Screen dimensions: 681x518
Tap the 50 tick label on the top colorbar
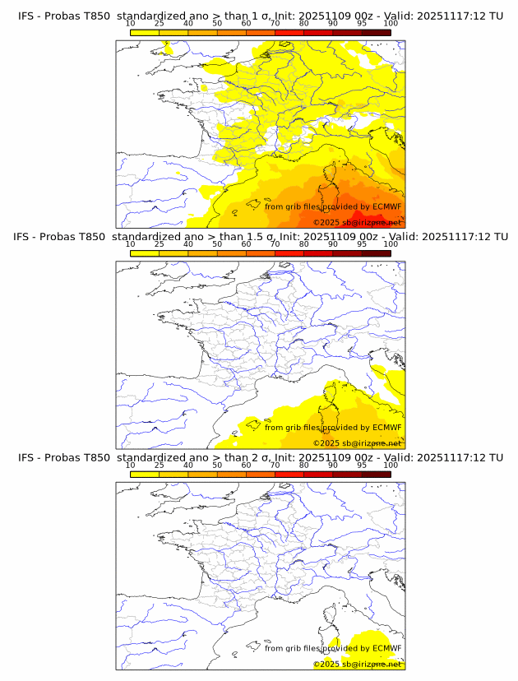[x=217, y=24]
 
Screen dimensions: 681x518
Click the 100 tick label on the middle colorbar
[x=391, y=244]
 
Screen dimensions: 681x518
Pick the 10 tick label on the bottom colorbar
[x=130, y=465]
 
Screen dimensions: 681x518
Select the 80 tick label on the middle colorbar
[x=304, y=244]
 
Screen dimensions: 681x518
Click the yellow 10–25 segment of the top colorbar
[x=145, y=32]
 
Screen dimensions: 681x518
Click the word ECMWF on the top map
[x=386, y=207]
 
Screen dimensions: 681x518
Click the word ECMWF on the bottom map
[x=386, y=648]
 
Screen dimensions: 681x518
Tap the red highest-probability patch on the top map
[x=362, y=215]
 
